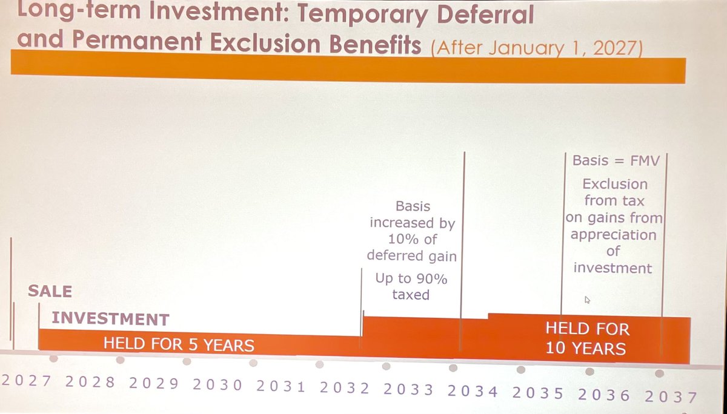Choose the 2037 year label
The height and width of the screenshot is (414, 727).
pyautogui.click(x=670, y=396)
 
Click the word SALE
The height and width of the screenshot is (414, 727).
pyautogui.click(x=50, y=292)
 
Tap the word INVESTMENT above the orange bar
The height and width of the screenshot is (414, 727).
pyautogui.click(x=110, y=319)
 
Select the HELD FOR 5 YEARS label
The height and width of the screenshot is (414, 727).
pyautogui.click(x=179, y=345)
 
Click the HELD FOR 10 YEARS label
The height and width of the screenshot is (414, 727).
pyautogui.click(x=586, y=339)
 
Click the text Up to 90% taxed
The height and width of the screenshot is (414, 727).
pyautogui.click(x=411, y=287)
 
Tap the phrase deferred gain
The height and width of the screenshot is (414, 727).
pyautogui.click(x=411, y=257)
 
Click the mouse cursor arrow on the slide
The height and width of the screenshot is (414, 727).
pyautogui.click(x=587, y=299)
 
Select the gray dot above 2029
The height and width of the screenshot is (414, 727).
pyautogui.click(x=187, y=361)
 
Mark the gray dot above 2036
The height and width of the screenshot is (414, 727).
pyautogui.click(x=589, y=371)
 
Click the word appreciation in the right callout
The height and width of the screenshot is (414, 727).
pyautogui.click(x=613, y=234)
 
